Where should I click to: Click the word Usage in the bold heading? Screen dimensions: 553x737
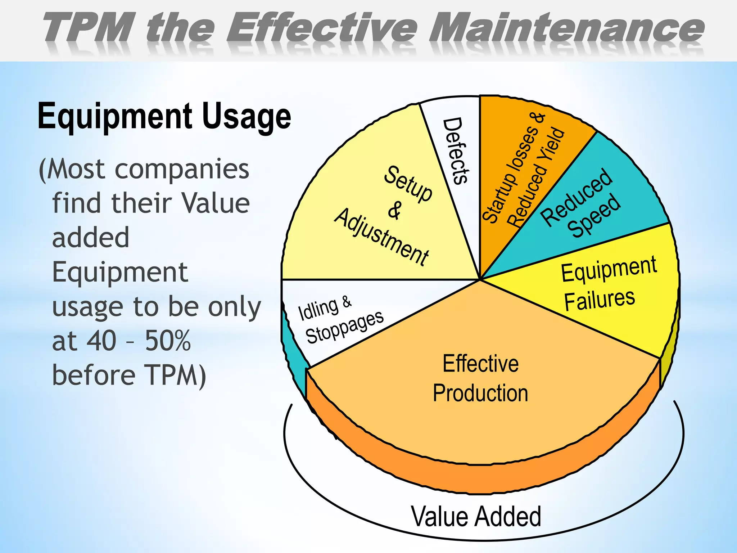pos(247,116)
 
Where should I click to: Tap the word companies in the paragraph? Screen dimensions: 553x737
pos(182,169)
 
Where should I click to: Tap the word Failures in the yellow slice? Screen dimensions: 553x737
pos(599,300)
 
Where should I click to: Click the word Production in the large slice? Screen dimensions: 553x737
pos(480,393)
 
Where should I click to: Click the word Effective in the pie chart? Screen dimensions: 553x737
pos(480,364)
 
